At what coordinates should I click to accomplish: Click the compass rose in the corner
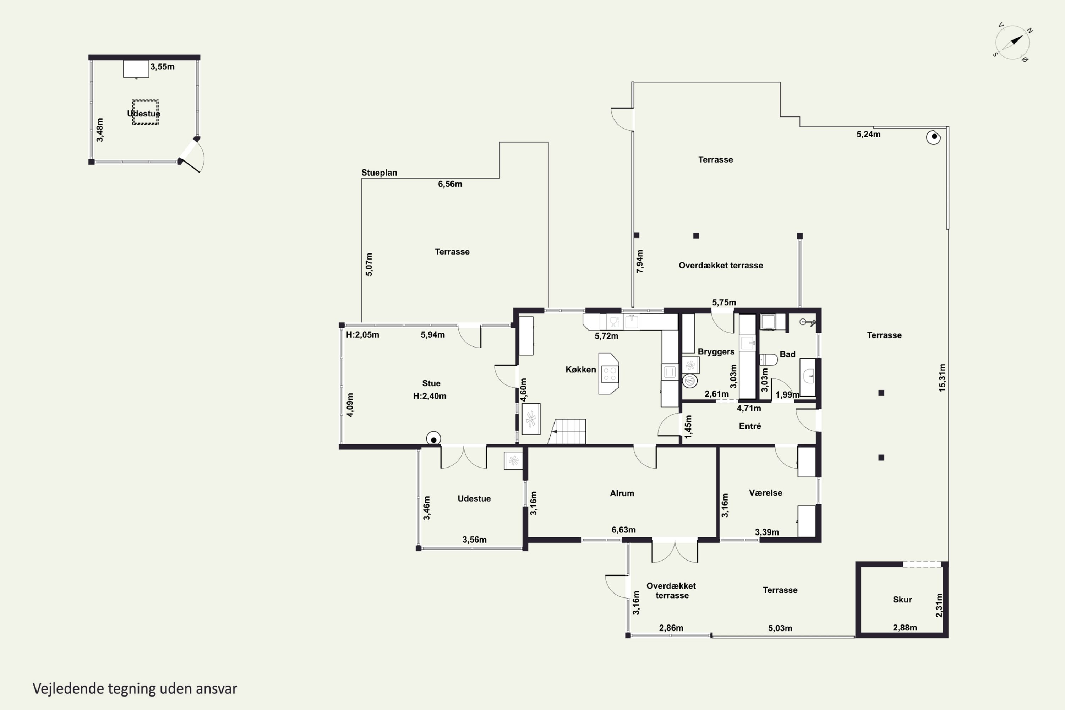click(x=1012, y=43)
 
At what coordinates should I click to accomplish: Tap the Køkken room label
click(x=580, y=370)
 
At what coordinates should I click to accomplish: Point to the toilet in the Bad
click(x=769, y=360)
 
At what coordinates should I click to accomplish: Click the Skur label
click(x=902, y=600)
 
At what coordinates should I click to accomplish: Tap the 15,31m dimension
click(x=942, y=378)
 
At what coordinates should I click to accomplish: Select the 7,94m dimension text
click(x=639, y=261)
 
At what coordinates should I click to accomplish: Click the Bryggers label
click(x=716, y=351)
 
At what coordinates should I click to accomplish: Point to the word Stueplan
click(x=379, y=173)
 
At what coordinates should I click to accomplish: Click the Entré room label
click(x=750, y=426)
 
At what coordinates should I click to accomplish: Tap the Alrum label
click(x=622, y=493)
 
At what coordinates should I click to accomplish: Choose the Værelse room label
click(x=765, y=493)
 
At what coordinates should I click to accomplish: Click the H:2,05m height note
click(x=362, y=335)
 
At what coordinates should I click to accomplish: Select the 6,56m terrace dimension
click(x=450, y=184)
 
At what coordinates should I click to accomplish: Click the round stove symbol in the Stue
click(x=433, y=439)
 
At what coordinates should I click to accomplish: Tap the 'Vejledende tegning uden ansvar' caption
click(x=135, y=689)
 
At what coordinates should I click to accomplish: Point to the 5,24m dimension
click(x=868, y=134)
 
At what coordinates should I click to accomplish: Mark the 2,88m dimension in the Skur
click(x=905, y=628)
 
